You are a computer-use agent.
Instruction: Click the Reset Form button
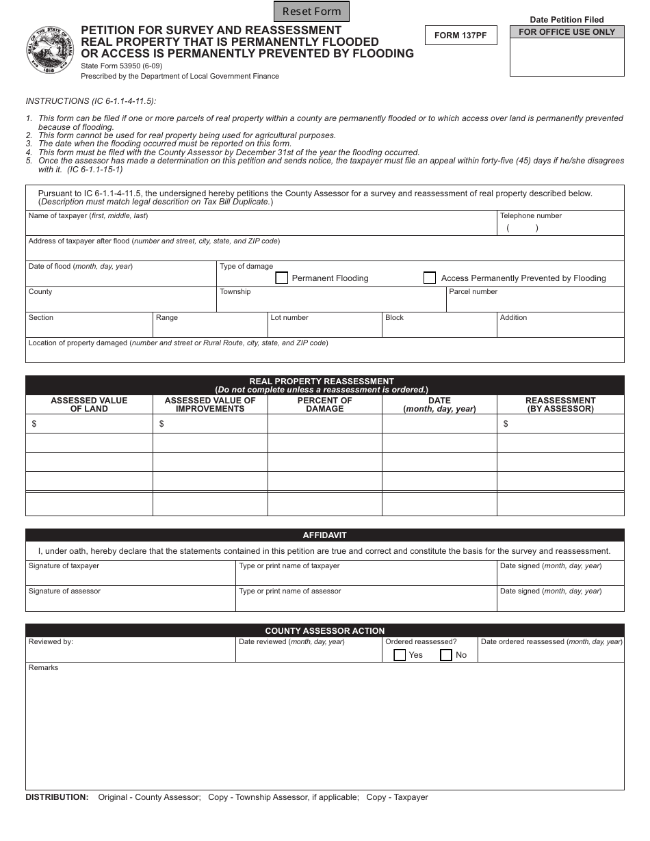click(x=311, y=11)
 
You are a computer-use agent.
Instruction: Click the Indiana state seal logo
click(x=51, y=51)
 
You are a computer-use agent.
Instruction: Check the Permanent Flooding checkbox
click(x=281, y=278)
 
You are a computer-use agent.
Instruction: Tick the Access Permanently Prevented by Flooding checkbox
click(x=430, y=278)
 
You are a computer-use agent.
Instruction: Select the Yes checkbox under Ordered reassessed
click(x=400, y=655)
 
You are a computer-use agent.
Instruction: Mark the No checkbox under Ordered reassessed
click(x=446, y=655)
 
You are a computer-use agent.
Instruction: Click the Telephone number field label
click(x=530, y=216)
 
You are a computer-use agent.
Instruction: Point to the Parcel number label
click(x=473, y=292)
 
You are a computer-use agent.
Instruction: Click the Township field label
click(x=235, y=292)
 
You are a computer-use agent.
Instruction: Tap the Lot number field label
click(x=289, y=318)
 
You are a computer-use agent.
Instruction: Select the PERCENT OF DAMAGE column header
click(x=324, y=405)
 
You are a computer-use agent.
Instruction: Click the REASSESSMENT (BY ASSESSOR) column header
click(x=560, y=405)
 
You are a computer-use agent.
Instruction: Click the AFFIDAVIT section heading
click(x=324, y=535)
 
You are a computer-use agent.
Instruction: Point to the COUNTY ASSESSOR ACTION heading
click(x=324, y=630)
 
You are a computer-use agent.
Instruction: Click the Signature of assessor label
click(x=64, y=591)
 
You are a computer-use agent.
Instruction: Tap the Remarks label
click(x=43, y=668)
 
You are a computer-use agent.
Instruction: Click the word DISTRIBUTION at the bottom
click(x=57, y=797)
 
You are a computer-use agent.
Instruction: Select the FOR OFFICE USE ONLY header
click(x=567, y=32)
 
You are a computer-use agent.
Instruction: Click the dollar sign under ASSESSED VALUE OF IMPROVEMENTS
click(x=161, y=424)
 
